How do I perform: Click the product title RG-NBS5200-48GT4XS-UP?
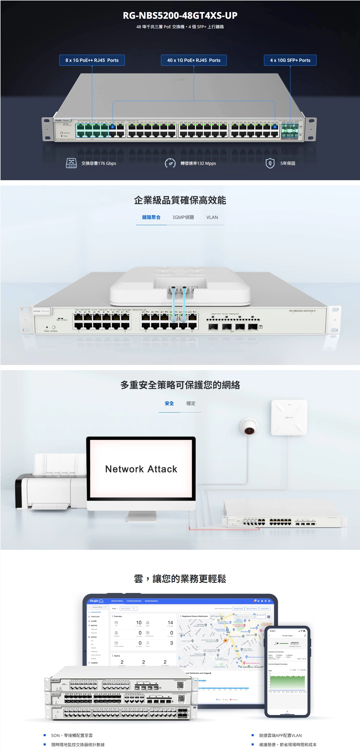(x=180, y=15)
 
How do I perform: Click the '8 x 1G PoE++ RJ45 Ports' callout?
(x=92, y=60)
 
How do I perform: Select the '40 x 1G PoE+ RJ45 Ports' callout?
(x=194, y=60)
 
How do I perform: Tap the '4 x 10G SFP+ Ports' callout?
(x=290, y=60)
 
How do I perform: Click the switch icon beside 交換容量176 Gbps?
(x=71, y=163)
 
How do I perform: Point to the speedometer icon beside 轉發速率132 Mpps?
(x=170, y=163)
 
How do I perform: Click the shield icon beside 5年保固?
(x=270, y=163)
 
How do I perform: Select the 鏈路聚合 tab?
(x=151, y=217)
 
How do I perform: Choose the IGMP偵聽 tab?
(x=183, y=217)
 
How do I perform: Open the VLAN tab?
(x=212, y=217)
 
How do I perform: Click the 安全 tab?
(x=169, y=403)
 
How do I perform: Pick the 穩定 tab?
(x=191, y=403)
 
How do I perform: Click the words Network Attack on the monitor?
(x=141, y=469)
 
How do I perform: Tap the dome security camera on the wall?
(x=249, y=427)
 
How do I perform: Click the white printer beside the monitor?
(x=49, y=482)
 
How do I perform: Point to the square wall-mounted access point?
(x=289, y=417)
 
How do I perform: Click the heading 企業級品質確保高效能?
(x=180, y=200)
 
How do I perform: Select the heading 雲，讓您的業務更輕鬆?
(x=180, y=579)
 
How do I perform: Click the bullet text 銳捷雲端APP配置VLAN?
(x=280, y=735)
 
